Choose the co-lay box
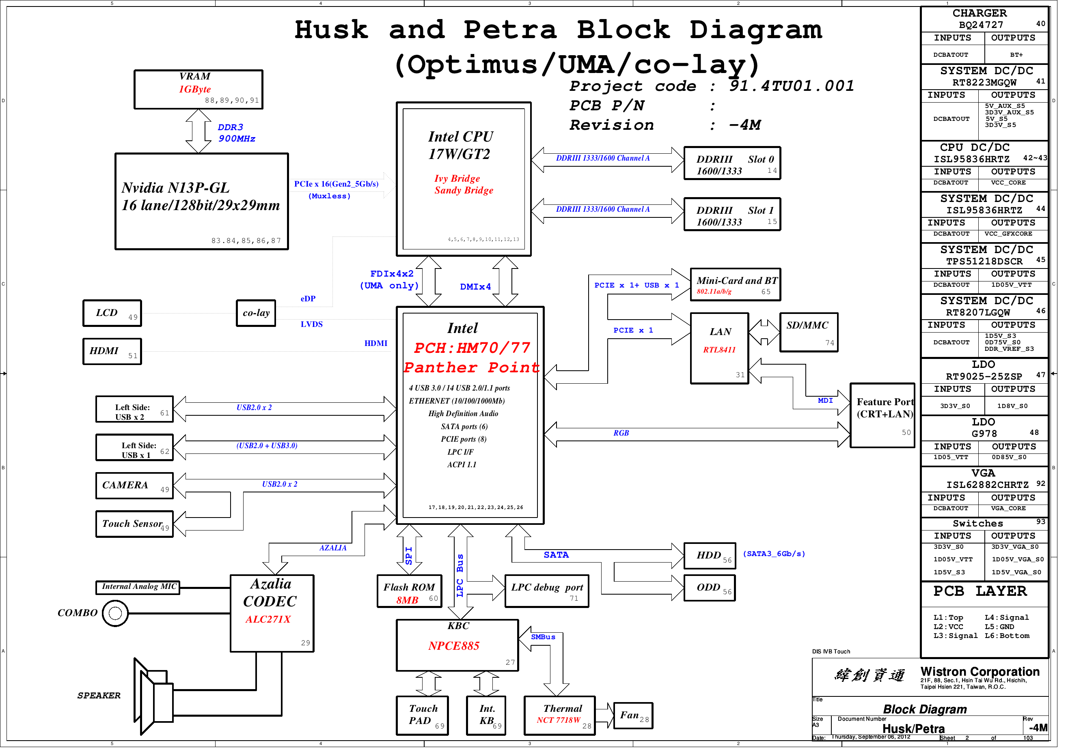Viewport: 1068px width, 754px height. pyautogui.click(x=258, y=316)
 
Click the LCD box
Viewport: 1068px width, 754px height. pyautogui.click(x=113, y=316)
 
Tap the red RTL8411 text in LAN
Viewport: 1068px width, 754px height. pyautogui.click(x=726, y=353)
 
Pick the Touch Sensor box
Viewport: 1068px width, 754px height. pyautogui.click(x=135, y=528)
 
